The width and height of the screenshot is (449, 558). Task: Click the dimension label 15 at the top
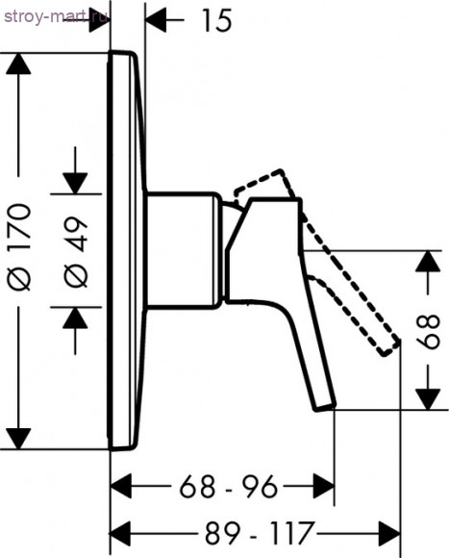point(217,20)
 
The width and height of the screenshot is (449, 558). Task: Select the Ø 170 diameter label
point(18,247)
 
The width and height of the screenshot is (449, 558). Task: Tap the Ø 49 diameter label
point(76,252)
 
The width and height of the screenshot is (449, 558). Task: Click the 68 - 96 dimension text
point(228,487)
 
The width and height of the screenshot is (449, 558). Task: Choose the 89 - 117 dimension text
point(261,533)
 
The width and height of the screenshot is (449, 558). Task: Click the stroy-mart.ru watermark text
point(56,16)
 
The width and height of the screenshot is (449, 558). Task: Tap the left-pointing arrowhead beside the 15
point(156,20)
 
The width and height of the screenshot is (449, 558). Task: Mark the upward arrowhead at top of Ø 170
point(18,64)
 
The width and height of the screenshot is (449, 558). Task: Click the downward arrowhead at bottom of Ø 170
point(18,439)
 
